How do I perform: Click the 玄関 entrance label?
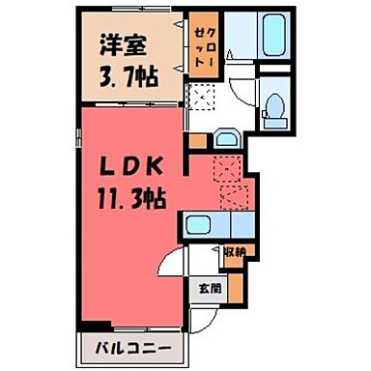click(209, 286)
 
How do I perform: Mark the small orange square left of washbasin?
click(199, 142)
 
